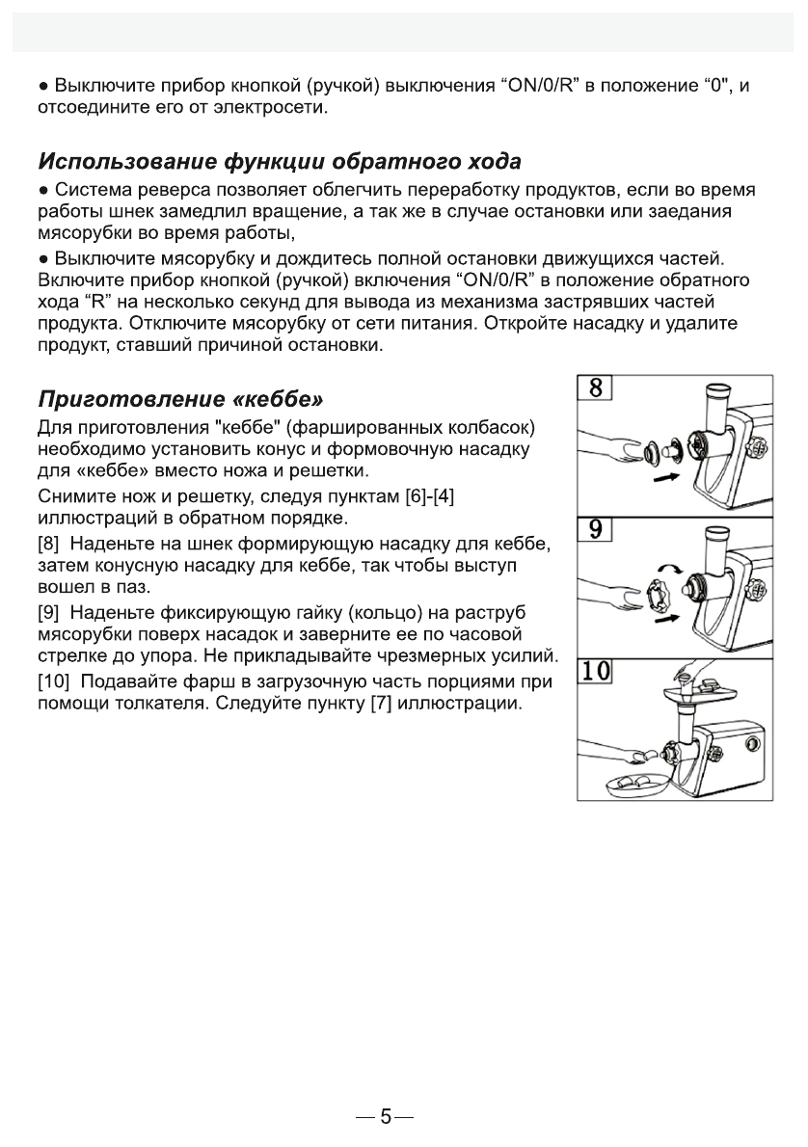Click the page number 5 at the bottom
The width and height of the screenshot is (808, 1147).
pyautogui.click(x=386, y=1117)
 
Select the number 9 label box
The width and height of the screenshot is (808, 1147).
pyautogui.click(x=596, y=529)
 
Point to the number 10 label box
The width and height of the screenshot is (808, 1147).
pyautogui.click(x=598, y=671)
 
